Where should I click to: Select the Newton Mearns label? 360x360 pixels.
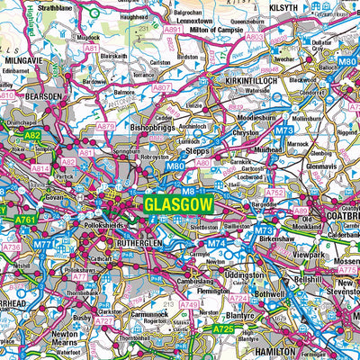64,324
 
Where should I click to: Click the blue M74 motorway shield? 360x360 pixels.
215,243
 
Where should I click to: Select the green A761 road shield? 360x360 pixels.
24,219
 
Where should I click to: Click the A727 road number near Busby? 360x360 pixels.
104,320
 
